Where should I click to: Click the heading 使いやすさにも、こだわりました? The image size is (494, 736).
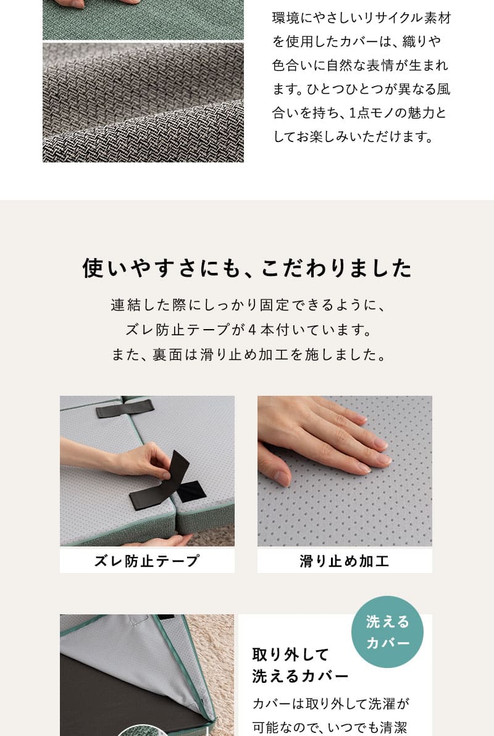pos(247,269)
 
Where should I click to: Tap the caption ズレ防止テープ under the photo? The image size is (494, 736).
pos(147,561)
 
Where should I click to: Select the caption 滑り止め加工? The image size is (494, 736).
pos(345,561)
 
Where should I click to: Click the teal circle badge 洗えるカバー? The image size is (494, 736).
pos(387,632)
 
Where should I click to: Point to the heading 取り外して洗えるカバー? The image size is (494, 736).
pos(300,664)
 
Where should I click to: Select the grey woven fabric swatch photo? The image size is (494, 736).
pos(143,102)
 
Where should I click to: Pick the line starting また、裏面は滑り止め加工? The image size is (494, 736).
pos(247,354)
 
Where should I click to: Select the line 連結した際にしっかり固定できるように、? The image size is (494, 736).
pos(247,305)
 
